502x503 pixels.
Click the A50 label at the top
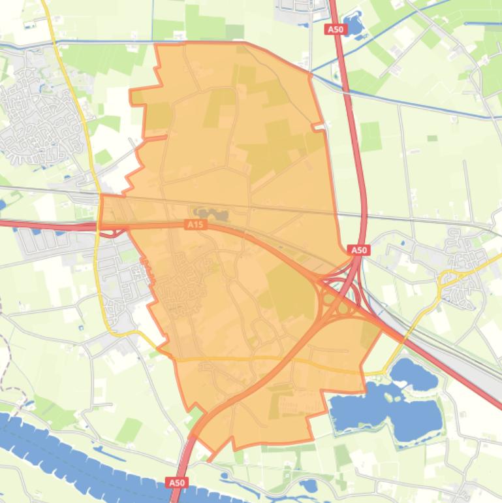pyautogui.click(x=334, y=29)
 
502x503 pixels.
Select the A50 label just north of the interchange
pyautogui.click(x=359, y=250)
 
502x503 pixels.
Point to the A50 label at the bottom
pyautogui.click(x=177, y=482)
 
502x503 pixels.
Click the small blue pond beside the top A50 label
pyautogui.click(x=353, y=25)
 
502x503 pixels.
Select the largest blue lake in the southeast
pyautogui.click(x=385, y=408)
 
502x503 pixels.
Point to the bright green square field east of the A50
pyautogui.click(x=370, y=136)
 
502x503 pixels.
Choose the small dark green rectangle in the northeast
pyautogui.click(x=432, y=138)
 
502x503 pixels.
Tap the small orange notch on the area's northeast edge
pyautogui.click(x=318, y=126)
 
